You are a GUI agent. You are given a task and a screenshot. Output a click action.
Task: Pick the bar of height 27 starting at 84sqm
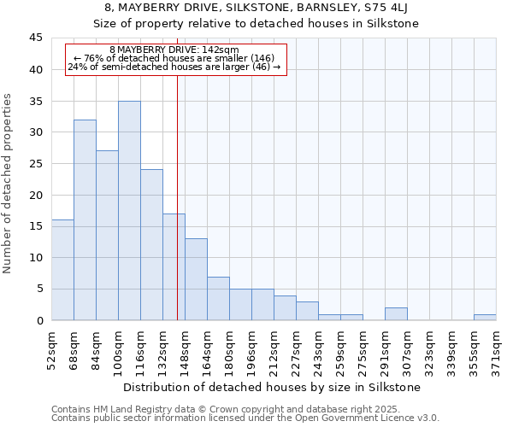(x=107, y=236)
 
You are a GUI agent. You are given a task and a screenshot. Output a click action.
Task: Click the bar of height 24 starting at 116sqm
(x=151, y=245)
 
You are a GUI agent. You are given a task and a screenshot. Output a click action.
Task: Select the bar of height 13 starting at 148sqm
(x=196, y=279)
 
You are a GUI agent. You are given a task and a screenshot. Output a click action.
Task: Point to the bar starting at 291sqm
(x=396, y=314)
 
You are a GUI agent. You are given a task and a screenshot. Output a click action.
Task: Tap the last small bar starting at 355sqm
(x=485, y=318)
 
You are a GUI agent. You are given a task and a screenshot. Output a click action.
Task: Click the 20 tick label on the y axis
(x=36, y=195)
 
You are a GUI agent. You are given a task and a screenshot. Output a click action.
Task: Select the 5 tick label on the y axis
(x=39, y=289)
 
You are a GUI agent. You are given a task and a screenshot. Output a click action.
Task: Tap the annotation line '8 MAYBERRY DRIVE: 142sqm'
(x=174, y=50)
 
